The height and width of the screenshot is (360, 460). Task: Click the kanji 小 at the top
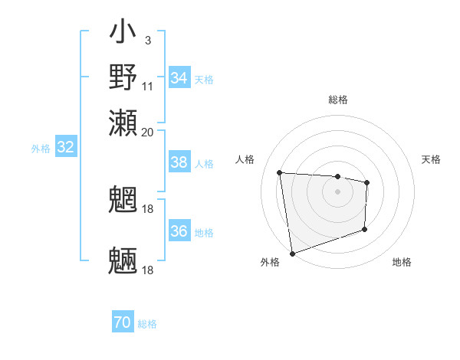(x=123, y=34)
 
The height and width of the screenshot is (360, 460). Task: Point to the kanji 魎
(x=123, y=260)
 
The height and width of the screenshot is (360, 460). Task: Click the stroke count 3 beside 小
(x=147, y=41)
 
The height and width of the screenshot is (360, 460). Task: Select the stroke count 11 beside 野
(x=147, y=85)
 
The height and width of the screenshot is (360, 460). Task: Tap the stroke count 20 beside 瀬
(x=147, y=131)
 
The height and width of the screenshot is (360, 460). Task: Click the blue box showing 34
(x=179, y=78)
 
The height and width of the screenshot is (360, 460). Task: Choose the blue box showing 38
(x=179, y=162)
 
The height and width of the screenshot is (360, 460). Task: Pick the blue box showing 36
(x=179, y=231)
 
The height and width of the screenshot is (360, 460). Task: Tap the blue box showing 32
(x=65, y=148)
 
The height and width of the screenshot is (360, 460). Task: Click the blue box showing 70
(x=123, y=323)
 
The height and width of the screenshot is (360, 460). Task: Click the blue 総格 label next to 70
(x=147, y=324)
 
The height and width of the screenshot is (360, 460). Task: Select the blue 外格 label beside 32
(x=41, y=149)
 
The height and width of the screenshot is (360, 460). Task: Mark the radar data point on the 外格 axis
(x=292, y=253)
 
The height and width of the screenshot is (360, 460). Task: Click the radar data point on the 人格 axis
(x=280, y=173)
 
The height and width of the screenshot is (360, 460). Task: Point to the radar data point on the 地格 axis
(x=364, y=229)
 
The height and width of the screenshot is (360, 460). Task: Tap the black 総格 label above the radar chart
(x=337, y=100)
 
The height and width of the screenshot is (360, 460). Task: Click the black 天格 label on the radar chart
(x=432, y=159)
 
